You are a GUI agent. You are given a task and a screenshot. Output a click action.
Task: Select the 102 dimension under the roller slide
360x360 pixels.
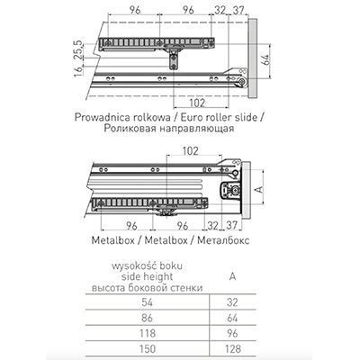point(197,103)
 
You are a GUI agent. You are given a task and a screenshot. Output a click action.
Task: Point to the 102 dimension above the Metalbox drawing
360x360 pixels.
point(191,151)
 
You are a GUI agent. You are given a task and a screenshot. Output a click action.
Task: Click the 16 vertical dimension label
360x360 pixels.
point(78,71)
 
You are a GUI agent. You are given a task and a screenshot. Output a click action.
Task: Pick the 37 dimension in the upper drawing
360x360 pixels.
point(238,10)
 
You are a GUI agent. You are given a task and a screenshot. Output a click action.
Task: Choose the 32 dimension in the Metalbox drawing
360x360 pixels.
point(212,225)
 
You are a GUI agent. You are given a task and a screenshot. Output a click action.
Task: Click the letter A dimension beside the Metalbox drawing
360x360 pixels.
point(260,189)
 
